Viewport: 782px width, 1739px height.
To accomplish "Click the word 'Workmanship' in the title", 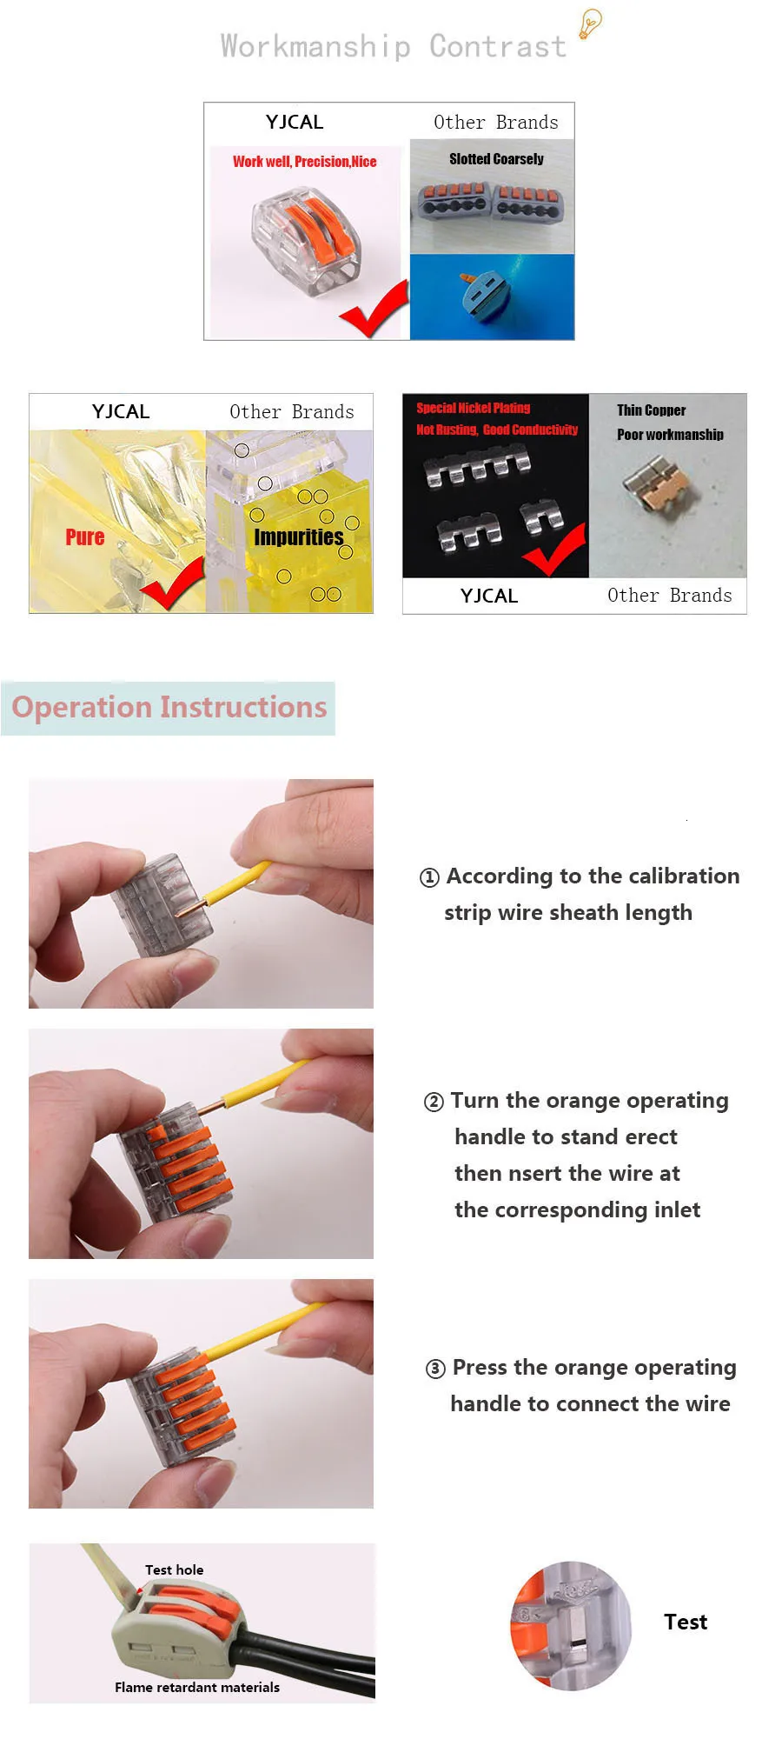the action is pyautogui.click(x=315, y=46).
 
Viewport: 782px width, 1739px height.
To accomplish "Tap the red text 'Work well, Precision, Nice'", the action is pyautogui.click(x=305, y=162).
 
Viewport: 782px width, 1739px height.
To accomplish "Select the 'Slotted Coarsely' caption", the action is pyautogui.click(x=496, y=159).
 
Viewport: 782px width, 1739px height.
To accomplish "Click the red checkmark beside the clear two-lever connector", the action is pyautogui.click(x=374, y=310).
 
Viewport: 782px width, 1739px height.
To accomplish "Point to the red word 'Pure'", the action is pyautogui.click(x=85, y=537).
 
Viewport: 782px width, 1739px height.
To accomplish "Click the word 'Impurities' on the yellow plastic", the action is pyautogui.click(x=299, y=537).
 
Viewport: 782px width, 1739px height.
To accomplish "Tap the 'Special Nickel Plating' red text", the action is pyautogui.click(x=473, y=408).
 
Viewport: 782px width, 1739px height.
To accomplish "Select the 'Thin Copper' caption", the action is pyautogui.click(x=652, y=410).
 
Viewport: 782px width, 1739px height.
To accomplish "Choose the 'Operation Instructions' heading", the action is pyautogui.click(x=169, y=707).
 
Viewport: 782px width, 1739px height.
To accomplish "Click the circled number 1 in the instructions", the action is pyautogui.click(x=429, y=877).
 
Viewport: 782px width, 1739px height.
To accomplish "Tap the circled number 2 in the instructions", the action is pyautogui.click(x=434, y=1102).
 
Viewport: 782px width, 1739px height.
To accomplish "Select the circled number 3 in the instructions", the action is pyautogui.click(x=435, y=1369).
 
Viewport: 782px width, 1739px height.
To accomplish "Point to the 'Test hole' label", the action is pyautogui.click(x=175, y=1569).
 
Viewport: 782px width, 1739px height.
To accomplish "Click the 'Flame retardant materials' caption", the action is pyautogui.click(x=197, y=1687).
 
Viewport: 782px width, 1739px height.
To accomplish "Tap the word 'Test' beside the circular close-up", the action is pyautogui.click(x=686, y=1622).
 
